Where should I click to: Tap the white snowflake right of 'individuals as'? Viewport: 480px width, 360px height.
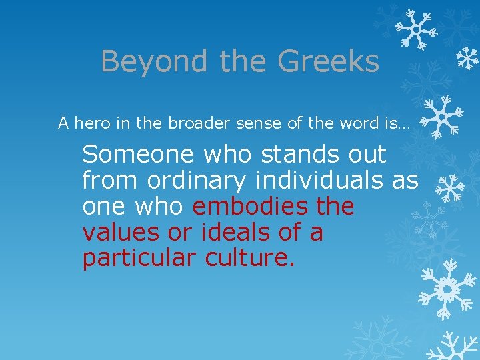[x=449, y=189]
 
